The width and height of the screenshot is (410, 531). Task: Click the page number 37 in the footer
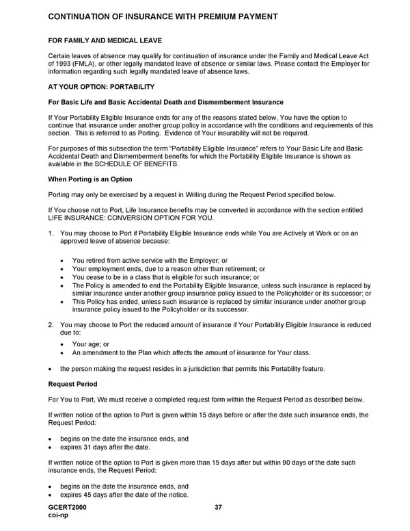[x=218, y=507]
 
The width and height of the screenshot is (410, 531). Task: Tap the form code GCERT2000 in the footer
[x=68, y=507]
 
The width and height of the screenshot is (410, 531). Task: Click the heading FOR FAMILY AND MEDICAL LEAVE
[x=105, y=40]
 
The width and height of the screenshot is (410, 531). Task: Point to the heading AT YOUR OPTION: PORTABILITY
[x=101, y=87]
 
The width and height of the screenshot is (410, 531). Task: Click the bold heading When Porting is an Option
[x=90, y=179]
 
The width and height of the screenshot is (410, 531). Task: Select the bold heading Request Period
[x=72, y=384]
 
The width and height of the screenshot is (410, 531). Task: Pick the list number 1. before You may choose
[x=51, y=233]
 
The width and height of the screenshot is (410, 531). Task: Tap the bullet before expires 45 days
[x=52, y=495]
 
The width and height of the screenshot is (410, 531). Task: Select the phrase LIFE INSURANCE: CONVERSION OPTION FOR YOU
[x=131, y=218]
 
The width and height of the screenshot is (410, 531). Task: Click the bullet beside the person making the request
[x=52, y=369]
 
